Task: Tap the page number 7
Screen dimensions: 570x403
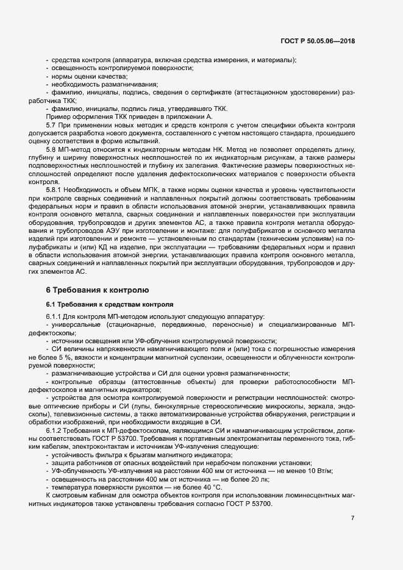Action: click(x=352, y=518)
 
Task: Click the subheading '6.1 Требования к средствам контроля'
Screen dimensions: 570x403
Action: click(x=110, y=303)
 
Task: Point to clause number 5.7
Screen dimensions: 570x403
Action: click(x=51, y=124)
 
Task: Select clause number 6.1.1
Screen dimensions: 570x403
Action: click(x=54, y=316)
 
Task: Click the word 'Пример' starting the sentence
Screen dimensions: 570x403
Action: click(x=58, y=116)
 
